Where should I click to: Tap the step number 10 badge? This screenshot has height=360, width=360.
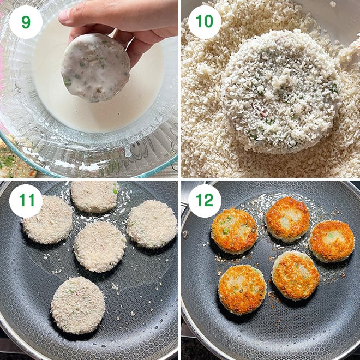[205, 22]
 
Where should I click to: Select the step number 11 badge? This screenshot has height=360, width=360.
[26, 201]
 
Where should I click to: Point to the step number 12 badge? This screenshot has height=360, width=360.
[205, 201]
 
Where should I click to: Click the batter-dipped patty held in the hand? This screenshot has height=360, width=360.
[95, 67]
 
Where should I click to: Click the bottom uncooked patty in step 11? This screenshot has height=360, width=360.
[78, 304]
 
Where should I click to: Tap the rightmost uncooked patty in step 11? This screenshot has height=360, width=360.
[151, 224]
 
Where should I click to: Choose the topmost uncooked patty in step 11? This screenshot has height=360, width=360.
[94, 196]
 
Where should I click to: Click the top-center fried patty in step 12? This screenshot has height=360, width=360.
[287, 218]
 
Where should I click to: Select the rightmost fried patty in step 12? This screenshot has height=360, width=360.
[332, 241]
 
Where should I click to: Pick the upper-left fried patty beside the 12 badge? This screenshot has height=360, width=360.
[234, 230]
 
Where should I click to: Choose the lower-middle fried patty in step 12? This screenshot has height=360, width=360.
[295, 275]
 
